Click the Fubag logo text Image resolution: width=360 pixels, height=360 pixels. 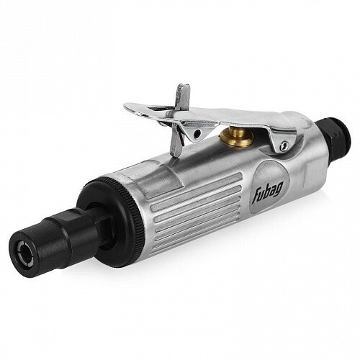267,192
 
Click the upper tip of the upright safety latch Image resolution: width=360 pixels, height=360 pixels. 183,87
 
